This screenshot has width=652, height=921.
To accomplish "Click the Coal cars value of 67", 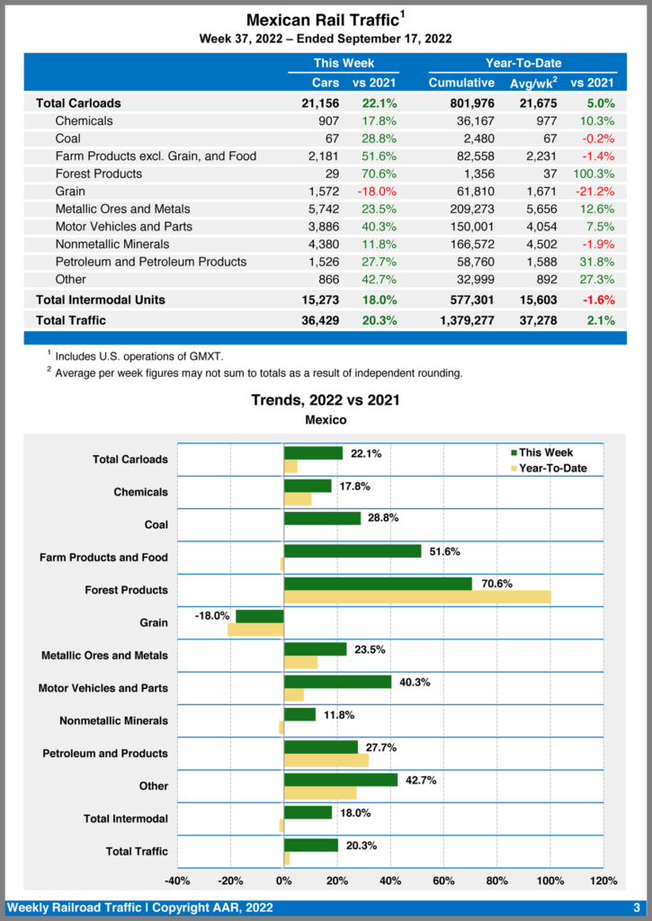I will (x=330, y=139).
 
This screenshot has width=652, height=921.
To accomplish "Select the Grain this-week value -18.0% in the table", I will (x=373, y=192).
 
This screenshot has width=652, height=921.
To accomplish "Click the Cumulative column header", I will (x=461, y=83).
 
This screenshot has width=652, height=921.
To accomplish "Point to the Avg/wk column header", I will (x=533, y=83).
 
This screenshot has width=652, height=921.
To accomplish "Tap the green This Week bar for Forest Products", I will (x=378, y=584).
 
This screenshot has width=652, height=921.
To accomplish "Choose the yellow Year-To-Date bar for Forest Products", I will (x=416, y=597).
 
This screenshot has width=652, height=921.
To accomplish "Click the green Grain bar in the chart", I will (x=260, y=616).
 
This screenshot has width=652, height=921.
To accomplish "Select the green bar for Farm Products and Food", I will (x=353, y=551).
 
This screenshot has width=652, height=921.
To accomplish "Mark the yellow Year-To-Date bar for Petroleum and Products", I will (x=326, y=760).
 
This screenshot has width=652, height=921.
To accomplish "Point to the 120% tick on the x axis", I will (x=603, y=881).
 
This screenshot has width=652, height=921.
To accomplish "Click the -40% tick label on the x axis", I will (x=177, y=881).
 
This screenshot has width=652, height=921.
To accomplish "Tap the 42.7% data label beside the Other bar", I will (x=421, y=781).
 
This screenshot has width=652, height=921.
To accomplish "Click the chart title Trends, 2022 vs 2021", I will (x=326, y=400).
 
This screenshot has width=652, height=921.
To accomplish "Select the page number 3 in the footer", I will (x=637, y=908).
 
